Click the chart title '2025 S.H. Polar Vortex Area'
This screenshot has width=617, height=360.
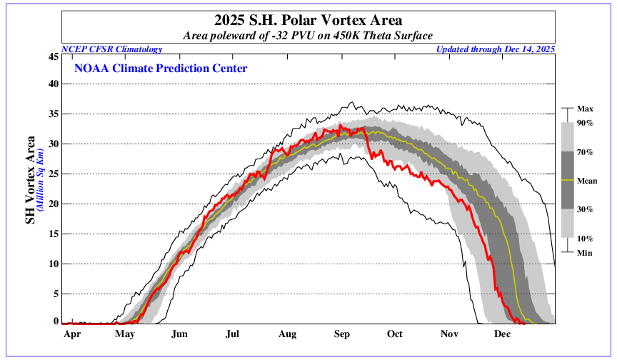tap(308, 20)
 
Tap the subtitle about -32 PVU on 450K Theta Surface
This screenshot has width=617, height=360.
tap(308, 35)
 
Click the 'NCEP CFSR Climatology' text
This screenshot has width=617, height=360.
tap(112, 49)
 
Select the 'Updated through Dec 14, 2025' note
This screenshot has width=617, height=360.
tap(495, 49)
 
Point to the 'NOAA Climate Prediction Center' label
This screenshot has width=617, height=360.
tap(161, 69)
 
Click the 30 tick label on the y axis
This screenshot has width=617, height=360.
tap(53, 144)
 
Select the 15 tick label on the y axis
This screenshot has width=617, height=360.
tap(53, 234)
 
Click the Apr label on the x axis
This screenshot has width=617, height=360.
tap(71, 334)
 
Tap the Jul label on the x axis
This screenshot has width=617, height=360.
tap(233, 334)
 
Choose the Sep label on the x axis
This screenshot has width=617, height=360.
tap(341, 334)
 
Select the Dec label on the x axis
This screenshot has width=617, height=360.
tap(502, 334)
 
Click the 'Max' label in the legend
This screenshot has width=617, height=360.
tap(586, 109)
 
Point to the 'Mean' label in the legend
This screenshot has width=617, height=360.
tap(588, 181)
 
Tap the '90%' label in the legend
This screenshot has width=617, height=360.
tap(586, 124)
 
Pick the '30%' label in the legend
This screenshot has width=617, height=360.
tap(586, 209)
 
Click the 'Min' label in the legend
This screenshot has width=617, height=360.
tap(585, 253)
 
